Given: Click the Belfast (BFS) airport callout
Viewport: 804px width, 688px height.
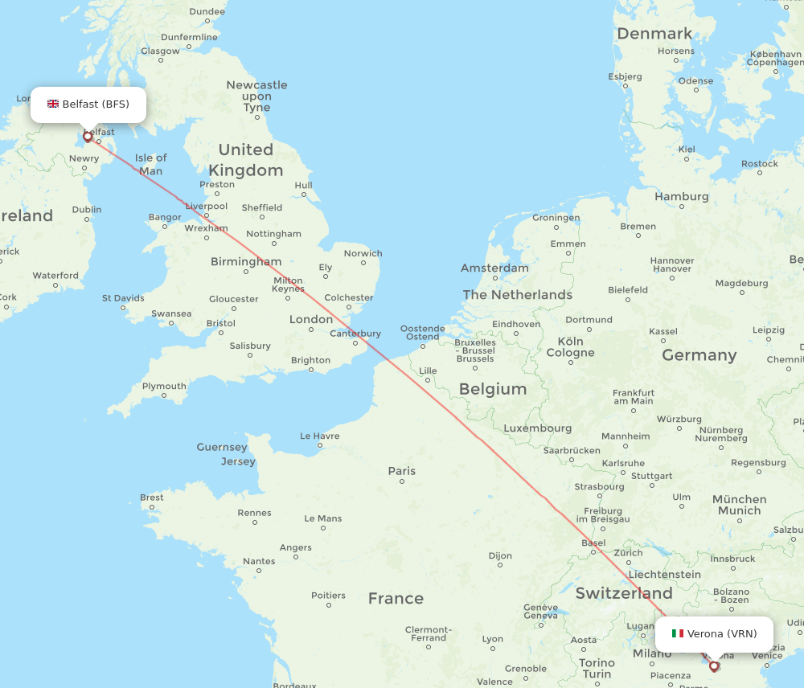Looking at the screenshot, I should pos(88,104).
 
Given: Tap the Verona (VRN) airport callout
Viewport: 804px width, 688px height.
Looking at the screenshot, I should pos(714,634).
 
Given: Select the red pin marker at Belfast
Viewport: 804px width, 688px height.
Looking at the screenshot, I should pos(88,137).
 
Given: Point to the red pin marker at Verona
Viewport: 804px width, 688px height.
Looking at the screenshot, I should pos(714,665).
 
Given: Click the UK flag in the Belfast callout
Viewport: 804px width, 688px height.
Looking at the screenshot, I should pos(53,104).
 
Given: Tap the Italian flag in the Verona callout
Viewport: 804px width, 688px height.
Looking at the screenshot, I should pos(678,633).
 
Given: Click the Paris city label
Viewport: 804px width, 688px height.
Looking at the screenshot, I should pos(402,471).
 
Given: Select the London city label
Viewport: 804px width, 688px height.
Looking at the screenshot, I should pos(311,319).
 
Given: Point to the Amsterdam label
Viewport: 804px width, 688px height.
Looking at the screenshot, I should pos(495,268).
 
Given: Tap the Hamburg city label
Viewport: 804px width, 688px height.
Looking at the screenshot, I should pos(682,196).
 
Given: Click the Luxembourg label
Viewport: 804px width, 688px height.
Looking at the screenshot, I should pos(538,428).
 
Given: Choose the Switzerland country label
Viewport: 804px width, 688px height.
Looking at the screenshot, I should pos(624,594).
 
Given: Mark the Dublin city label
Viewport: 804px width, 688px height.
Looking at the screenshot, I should pos(87,210).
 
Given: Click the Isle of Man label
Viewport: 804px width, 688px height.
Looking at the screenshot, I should pos(150,164).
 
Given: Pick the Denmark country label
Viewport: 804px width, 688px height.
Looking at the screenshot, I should pos(654,34).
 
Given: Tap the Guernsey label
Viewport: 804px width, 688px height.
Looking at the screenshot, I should pos(222,447).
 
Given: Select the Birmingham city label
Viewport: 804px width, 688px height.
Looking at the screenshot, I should pos(246,261).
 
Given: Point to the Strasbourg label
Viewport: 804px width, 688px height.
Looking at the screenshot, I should pos(599,486).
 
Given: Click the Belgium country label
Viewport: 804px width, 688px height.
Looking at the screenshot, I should pos(493,389).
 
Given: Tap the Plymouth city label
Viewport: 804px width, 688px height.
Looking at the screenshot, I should pos(164,386).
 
